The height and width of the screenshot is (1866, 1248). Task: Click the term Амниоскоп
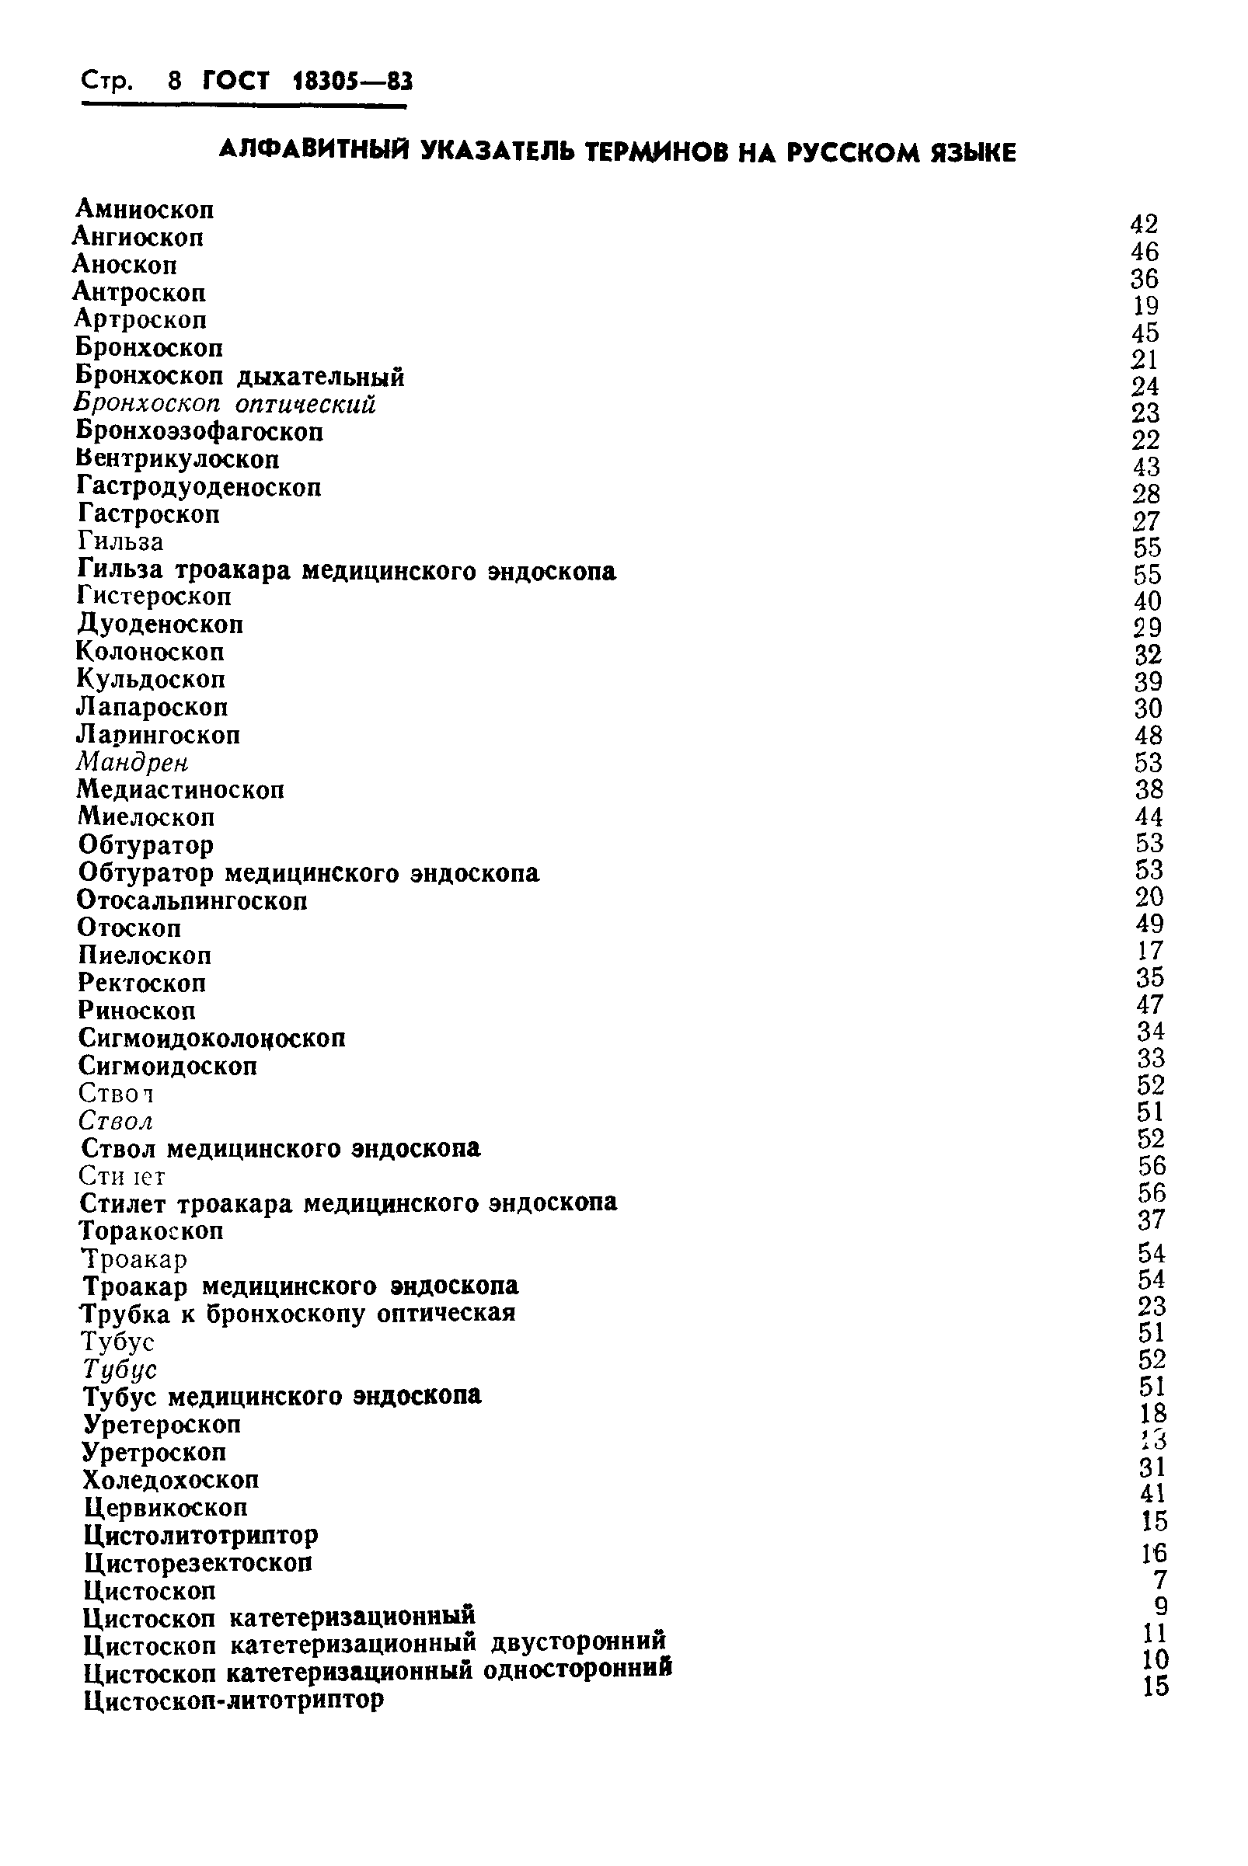click(x=144, y=209)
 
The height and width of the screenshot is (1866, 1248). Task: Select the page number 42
click(x=1144, y=225)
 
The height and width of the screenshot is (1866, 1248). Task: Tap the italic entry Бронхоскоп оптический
click(x=225, y=404)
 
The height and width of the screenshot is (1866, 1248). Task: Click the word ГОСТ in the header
click(x=236, y=81)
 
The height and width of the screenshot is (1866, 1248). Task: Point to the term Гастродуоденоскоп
click(x=199, y=486)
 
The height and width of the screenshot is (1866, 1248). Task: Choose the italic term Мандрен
click(x=132, y=762)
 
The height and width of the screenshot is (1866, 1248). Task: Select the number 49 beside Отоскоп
click(x=1149, y=924)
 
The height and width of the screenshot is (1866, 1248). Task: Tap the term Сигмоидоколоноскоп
click(x=211, y=1038)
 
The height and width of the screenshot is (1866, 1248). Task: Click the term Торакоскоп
click(x=152, y=1231)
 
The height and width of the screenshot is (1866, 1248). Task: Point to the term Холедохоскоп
click(x=171, y=1479)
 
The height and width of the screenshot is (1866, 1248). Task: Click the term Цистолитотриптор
click(x=200, y=1534)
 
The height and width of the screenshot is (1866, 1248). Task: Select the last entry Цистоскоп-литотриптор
click(x=234, y=1700)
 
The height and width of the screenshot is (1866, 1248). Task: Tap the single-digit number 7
click(x=1159, y=1579)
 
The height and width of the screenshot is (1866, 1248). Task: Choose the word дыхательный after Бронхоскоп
click(x=321, y=376)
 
